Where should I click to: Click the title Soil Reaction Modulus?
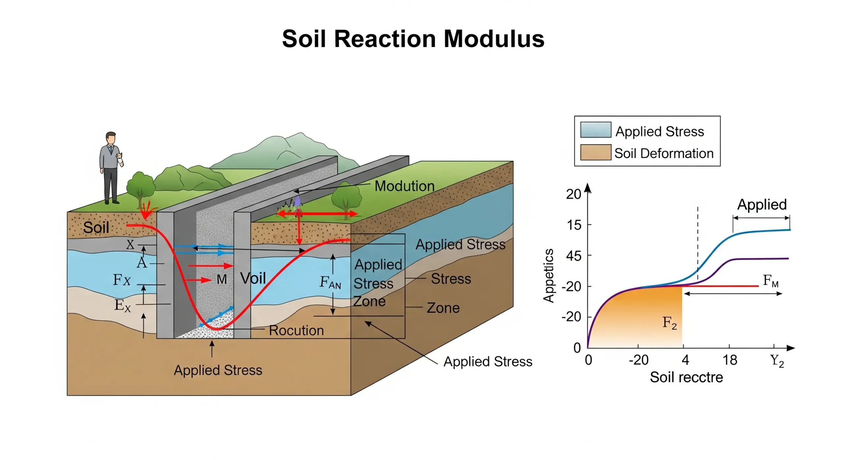(x=413, y=39)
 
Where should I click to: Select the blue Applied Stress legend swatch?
(x=595, y=130)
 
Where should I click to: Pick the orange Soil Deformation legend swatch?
(x=595, y=152)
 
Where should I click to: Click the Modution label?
(x=404, y=186)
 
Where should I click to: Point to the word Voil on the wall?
(x=253, y=278)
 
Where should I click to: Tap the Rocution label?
(x=296, y=331)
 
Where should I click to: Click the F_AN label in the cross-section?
(x=330, y=283)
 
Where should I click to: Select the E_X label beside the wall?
(x=122, y=305)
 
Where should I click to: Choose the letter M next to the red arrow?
(x=222, y=279)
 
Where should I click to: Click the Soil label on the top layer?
(x=96, y=227)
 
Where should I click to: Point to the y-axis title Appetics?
(x=549, y=275)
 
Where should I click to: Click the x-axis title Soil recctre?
(x=686, y=377)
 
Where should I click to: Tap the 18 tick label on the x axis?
(x=730, y=360)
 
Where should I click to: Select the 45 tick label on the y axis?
(x=574, y=256)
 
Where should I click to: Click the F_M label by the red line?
(x=771, y=281)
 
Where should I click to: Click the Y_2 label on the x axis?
(x=777, y=361)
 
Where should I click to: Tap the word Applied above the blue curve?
(x=762, y=205)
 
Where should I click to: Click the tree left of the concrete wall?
(x=141, y=187)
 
